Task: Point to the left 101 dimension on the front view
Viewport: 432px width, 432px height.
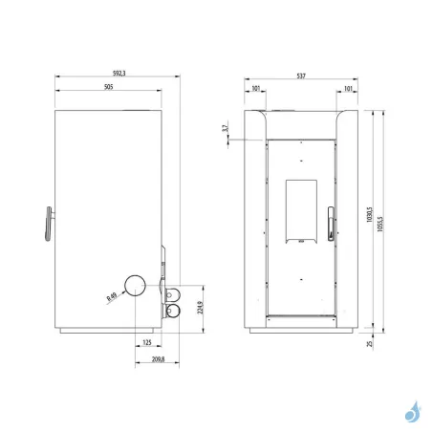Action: click(x=256, y=89)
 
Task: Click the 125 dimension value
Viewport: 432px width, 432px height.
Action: click(x=146, y=341)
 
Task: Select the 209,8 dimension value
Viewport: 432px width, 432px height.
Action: click(x=158, y=359)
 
